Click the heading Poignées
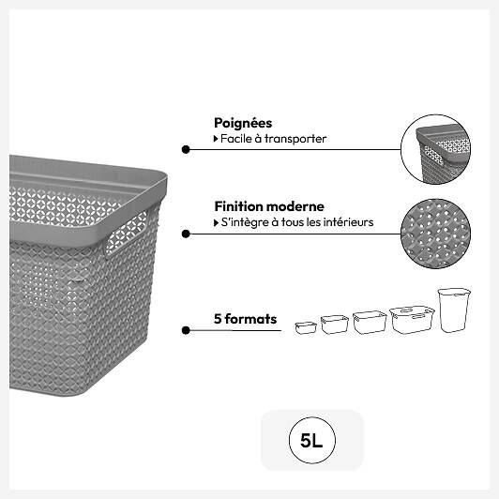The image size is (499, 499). pos(243,123)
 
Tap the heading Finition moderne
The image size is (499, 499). pos(269,206)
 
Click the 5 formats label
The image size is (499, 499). pos(245,319)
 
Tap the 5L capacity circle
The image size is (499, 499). pos(311,441)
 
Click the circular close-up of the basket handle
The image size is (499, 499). pos(435,149)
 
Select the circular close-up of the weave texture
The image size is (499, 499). pos(435,234)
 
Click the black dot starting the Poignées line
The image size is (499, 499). pos(186,149)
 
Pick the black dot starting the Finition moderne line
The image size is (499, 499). pos(186,234)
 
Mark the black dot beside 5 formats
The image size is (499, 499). pos(186,330)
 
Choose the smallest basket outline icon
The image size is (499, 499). pos(306,327)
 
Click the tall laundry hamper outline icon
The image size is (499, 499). pos(454,310)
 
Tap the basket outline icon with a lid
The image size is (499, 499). pos(412,320)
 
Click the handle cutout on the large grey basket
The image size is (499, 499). pos(126,234)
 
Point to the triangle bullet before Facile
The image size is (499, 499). pos(216,139)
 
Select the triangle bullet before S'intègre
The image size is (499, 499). pos(216,223)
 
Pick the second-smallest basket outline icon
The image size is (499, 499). pos(335,325)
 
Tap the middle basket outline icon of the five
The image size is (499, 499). pos(370,323)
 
